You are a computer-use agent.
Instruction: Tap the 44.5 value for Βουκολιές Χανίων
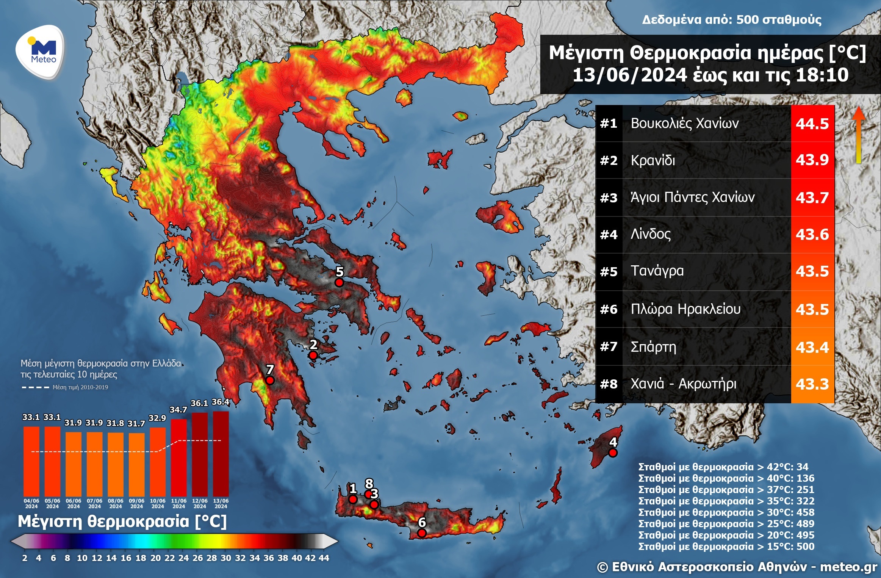pyautogui.click(x=812, y=124)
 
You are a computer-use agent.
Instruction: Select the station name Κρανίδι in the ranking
pyautogui.click(x=653, y=160)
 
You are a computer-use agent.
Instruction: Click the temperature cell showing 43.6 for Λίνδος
pyautogui.click(x=812, y=234)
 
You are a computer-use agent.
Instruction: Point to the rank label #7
pyautogui.click(x=609, y=347)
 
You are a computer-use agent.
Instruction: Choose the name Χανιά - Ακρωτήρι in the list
pyautogui.click(x=683, y=384)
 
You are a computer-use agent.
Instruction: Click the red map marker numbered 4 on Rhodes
pyautogui.click(x=613, y=453)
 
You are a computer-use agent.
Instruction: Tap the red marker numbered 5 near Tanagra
pyautogui.click(x=339, y=283)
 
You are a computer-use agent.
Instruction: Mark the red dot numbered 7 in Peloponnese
pyautogui.click(x=270, y=380)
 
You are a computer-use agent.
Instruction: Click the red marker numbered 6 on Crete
pyautogui.click(x=422, y=533)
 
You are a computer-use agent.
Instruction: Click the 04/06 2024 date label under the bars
pyautogui.click(x=31, y=503)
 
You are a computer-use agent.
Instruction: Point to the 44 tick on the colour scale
pyautogui.click(x=324, y=558)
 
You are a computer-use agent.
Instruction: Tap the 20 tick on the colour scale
pyautogui.click(x=155, y=558)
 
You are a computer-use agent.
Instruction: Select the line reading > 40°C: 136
pyautogui.click(x=726, y=478)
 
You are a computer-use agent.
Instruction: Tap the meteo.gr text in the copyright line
pyautogui.click(x=848, y=567)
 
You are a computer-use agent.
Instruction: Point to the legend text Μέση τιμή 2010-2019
pyautogui.click(x=80, y=387)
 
